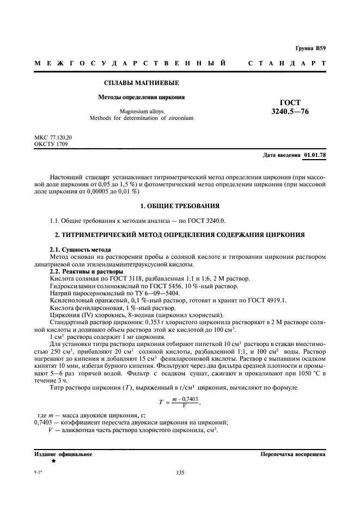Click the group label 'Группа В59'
click(310, 49)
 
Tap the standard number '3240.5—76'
click(290, 112)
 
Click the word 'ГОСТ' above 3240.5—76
click(290, 102)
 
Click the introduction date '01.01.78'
click(315, 155)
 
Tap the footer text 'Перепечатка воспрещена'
click(293, 453)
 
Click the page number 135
click(180, 472)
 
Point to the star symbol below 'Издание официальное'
click(53, 461)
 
